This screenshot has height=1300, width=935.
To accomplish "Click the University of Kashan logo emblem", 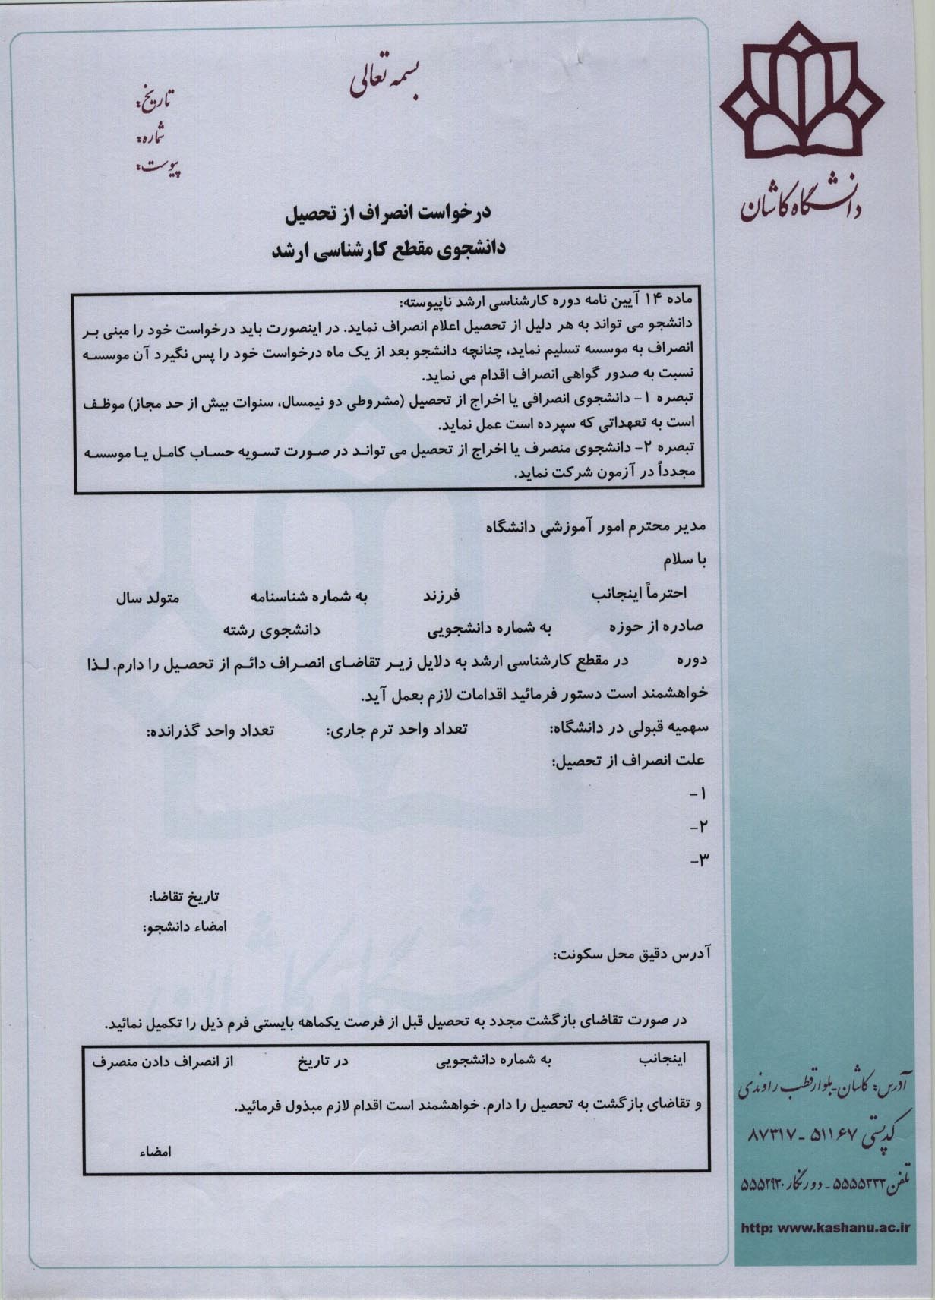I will coord(801,99).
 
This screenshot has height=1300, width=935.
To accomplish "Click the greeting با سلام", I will coord(685,561).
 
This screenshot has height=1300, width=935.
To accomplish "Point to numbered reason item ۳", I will coord(698,860).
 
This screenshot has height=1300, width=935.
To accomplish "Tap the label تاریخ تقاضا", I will coord(184,897).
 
